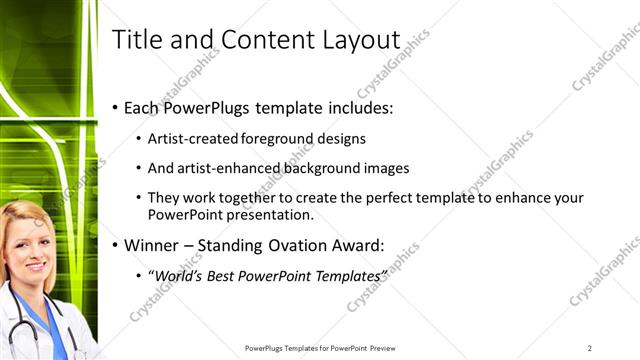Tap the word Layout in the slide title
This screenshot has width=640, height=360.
click(x=362, y=39)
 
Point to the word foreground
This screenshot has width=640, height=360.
click(x=281, y=139)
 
